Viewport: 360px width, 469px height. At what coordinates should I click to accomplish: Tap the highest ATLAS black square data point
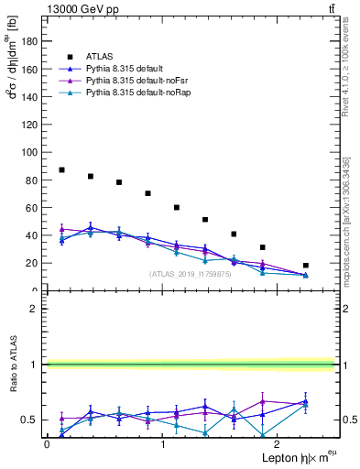pyautogui.click(x=61, y=169)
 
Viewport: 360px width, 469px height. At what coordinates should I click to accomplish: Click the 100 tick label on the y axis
pyautogui.click(x=31, y=152)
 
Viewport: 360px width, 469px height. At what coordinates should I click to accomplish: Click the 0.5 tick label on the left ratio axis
pyautogui.click(x=29, y=420)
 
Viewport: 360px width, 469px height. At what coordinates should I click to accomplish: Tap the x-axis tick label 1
pyautogui.click(x=163, y=444)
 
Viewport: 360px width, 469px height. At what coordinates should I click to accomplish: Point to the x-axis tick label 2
pyautogui.click(x=278, y=444)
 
